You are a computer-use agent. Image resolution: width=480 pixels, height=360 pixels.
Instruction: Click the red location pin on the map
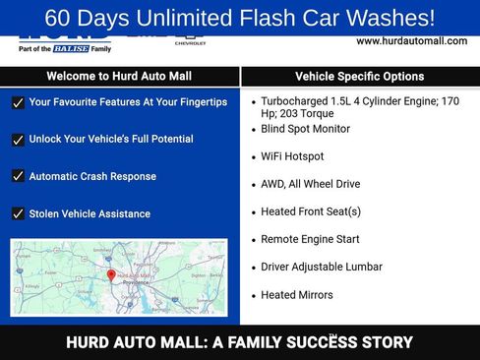(111, 276)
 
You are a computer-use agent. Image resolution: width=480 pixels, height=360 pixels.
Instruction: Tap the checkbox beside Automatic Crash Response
(18, 177)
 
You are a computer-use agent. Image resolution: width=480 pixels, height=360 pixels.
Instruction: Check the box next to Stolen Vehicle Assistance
(18, 213)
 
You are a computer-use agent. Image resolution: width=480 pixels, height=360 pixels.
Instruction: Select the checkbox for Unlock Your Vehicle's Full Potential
(18, 140)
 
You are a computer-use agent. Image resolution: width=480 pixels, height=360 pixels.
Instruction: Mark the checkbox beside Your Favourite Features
(18, 102)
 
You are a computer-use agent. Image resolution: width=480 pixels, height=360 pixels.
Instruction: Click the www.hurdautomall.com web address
(411, 40)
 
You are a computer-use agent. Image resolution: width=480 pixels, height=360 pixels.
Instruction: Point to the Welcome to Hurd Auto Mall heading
(119, 77)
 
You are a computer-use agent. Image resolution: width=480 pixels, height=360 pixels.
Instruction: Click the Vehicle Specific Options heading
(359, 77)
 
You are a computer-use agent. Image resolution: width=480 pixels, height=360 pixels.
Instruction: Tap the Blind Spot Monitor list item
(305, 129)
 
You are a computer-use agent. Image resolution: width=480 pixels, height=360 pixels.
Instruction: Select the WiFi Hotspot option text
(292, 156)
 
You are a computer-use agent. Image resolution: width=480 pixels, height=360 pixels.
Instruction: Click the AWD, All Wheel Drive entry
(310, 184)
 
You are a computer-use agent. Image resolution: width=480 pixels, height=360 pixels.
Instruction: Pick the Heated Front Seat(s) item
(311, 211)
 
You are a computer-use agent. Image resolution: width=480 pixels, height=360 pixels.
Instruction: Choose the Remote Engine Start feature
(310, 239)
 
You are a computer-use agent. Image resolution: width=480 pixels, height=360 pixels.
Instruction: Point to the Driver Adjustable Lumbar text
(322, 267)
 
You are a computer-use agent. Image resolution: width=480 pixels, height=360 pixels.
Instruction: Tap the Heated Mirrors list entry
(297, 295)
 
